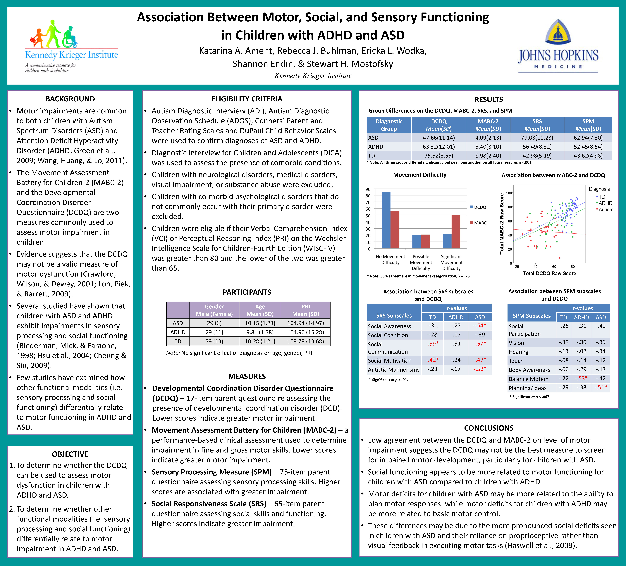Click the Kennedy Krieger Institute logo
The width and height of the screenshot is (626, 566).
click(71, 47)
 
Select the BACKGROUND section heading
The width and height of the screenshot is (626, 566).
click(70, 99)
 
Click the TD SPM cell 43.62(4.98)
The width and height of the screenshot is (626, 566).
click(588, 156)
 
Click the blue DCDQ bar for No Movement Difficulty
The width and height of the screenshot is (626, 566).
click(386, 220)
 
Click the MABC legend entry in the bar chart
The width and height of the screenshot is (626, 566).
click(478, 223)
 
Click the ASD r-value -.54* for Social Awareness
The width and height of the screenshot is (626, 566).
click(480, 326)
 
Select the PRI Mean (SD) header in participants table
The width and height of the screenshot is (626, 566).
click(306, 310)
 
